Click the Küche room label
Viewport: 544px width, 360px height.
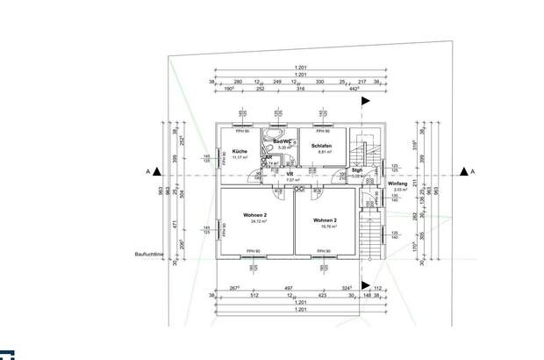click(227, 151)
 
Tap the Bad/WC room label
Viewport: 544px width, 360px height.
click(281, 141)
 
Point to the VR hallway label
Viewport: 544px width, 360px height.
click(289, 174)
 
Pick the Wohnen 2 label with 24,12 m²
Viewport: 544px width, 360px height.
click(255, 217)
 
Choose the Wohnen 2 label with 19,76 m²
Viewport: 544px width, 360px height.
click(325, 220)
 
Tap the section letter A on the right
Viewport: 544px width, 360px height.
click(471, 172)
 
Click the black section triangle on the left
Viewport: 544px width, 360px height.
click(154, 172)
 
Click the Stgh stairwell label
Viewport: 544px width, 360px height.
click(357, 171)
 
